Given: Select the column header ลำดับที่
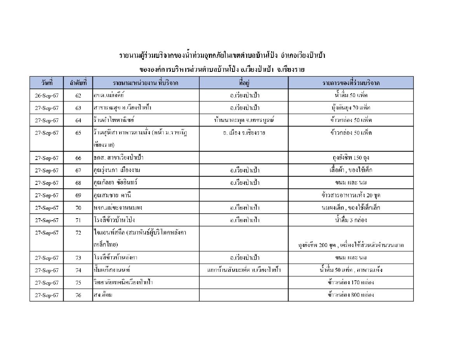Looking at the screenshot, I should (x=78, y=83).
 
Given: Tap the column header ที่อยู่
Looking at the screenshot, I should (x=244, y=83).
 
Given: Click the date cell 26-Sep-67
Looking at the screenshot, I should (x=46, y=96).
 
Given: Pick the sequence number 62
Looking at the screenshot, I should (x=78, y=96).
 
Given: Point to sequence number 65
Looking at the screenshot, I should (x=78, y=133).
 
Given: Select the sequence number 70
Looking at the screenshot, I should (x=78, y=208).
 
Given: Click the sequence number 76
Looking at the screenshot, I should (x=78, y=295).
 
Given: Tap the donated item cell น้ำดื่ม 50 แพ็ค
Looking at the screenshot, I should (x=351, y=95).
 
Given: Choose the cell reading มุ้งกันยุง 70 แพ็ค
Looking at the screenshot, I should (x=351, y=108).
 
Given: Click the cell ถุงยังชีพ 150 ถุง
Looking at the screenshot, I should (x=351, y=158).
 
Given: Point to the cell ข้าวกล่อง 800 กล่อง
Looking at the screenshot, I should (x=351, y=295).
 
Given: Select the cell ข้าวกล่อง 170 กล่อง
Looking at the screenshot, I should (x=351, y=283).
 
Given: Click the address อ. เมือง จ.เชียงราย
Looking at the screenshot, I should (x=244, y=133).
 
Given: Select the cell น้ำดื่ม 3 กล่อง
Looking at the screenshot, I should (x=351, y=220).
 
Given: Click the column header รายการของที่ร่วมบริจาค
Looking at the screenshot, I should (x=351, y=83).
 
